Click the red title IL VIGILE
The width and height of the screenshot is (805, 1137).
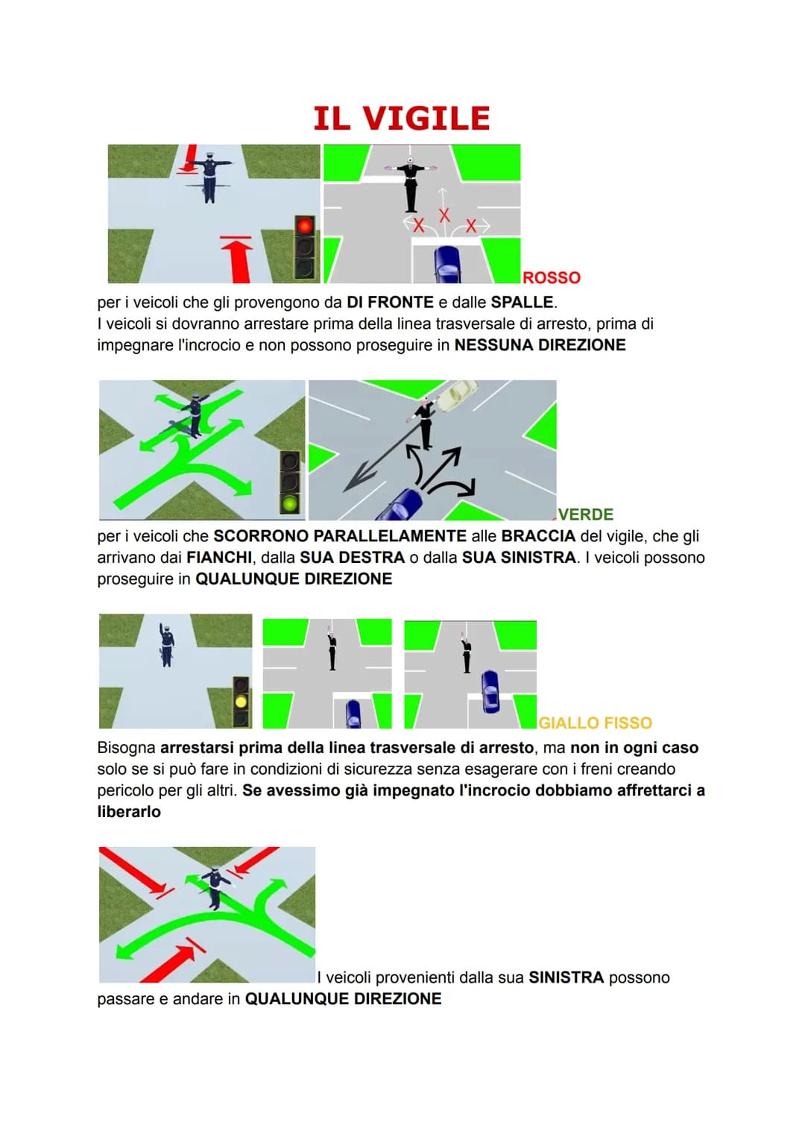click(x=402, y=119)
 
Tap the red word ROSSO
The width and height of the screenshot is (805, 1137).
click(x=552, y=277)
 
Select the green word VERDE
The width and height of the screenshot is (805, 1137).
click(x=586, y=514)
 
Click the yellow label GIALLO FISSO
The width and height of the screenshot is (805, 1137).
click(x=595, y=722)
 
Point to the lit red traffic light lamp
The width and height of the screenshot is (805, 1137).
click(x=305, y=225)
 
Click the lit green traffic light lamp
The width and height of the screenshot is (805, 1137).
click(x=290, y=503)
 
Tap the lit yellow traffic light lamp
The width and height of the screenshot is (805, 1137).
click(x=241, y=702)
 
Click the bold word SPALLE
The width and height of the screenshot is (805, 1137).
click(x=522, y=303)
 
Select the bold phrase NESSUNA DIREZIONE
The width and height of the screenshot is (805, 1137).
click(x=540, y=345)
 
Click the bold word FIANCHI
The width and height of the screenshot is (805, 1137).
click(x=218, y=558)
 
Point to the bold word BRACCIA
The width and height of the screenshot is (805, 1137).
click(x=538, y=536)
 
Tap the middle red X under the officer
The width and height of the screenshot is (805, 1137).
click(x=444, y=215)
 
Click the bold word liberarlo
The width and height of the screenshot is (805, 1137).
click(x=129, y=812)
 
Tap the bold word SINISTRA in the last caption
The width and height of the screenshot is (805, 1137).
click(x=566, y=977)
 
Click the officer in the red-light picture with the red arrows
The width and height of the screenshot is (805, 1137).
click(x=209, y=176)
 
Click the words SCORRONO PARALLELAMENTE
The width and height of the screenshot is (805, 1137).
click(x=340, y=536)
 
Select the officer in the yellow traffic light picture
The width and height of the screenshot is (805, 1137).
click(x=166, y=645)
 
